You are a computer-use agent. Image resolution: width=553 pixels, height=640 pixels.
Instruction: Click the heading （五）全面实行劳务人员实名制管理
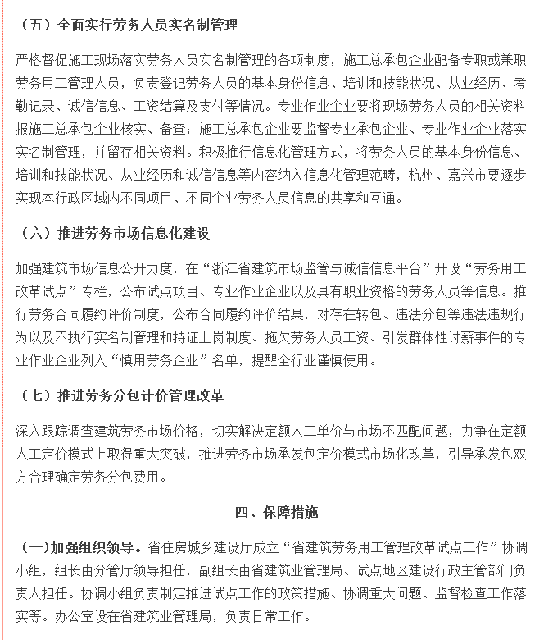[x=127, y=25]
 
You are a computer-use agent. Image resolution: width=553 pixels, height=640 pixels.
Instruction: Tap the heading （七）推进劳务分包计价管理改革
[x=120, y=395]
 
